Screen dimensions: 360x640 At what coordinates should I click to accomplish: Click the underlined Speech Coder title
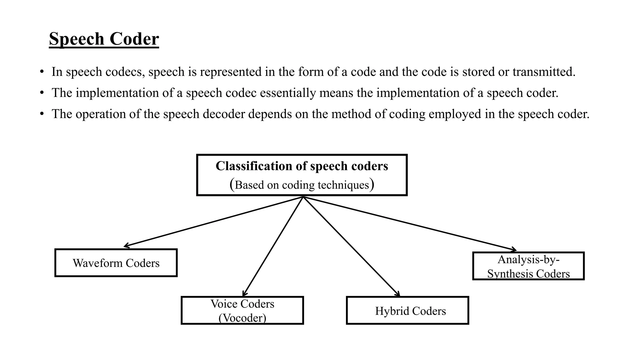click(104, 39)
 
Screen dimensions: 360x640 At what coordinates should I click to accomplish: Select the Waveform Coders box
click(116, 263)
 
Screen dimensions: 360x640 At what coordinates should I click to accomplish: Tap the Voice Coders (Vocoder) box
click(242, 310)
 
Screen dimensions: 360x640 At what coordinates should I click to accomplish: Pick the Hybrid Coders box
click(407, 310)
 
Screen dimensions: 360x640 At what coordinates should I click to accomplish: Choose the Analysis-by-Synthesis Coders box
click(528, 266)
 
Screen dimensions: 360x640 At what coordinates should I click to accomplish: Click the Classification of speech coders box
click(302, 175)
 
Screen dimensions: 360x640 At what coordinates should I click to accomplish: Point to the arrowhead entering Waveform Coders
click(126, 246)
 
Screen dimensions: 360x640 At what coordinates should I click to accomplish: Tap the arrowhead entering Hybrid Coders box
click(398, 294)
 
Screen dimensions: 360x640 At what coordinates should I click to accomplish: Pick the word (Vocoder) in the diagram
click(242, 318)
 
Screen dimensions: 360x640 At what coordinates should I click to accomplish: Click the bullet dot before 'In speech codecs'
click(42, 72)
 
